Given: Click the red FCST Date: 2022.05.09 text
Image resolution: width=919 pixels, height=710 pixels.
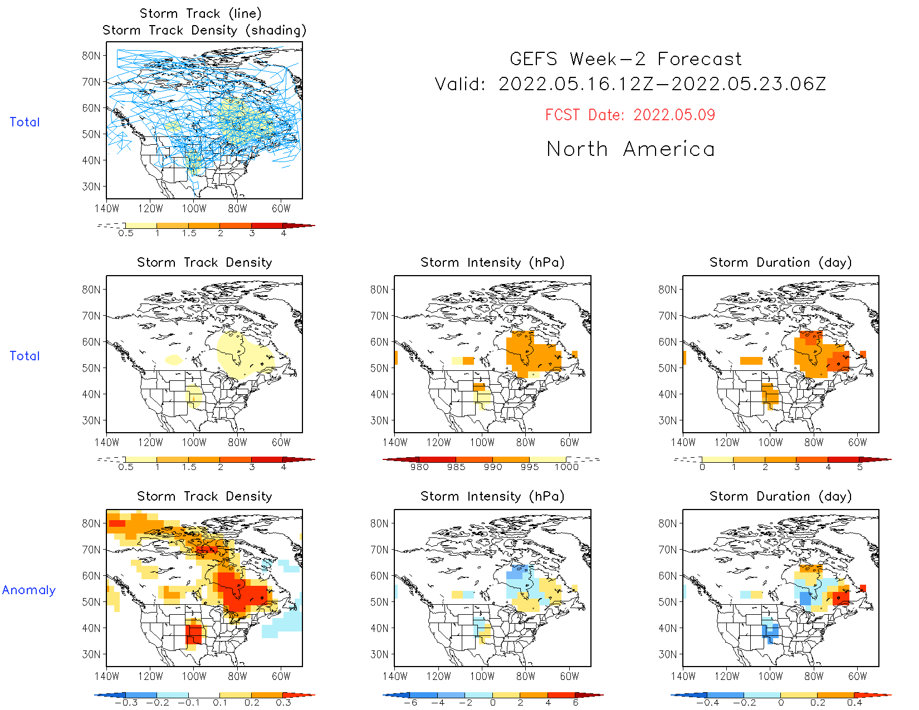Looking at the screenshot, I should click(x=630, y=115).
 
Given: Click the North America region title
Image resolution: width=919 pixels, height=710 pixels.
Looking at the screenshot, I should click(x=630, y=149).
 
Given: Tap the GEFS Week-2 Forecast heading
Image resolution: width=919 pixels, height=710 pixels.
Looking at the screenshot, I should click(x=625, y=59).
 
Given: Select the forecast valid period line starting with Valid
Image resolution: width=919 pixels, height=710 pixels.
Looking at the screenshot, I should click(x=630, y=84).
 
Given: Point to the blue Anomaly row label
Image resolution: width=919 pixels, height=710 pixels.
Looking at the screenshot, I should click(x=29, y=590).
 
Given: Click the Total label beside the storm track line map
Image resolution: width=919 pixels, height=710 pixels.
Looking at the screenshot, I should click(x=25, y=122).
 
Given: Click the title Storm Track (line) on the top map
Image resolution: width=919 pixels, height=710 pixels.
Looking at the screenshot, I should click(x=201, y=13).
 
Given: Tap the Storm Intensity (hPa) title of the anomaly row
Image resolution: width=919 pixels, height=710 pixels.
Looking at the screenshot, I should click(x=492, y=496).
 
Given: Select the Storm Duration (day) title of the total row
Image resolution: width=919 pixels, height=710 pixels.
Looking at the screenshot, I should click(x=781, y=262).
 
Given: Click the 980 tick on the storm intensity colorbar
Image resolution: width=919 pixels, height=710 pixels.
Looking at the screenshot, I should click(x=419, y=467).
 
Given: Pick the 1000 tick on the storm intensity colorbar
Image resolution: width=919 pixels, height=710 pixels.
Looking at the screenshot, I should click(x=566, y=467).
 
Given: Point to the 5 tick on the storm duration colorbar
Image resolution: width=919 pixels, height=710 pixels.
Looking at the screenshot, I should click(x=860, y=467).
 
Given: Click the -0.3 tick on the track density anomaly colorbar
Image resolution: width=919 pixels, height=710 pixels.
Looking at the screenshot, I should click(x=126, y=702).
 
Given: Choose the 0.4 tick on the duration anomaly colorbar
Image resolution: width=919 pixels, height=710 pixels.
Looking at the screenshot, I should click(x=854, y=702).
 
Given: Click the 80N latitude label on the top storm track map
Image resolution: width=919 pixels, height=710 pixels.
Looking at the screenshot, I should click(x=91, y=56).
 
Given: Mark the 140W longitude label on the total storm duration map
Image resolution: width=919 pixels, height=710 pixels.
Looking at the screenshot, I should click(x=683, y=443).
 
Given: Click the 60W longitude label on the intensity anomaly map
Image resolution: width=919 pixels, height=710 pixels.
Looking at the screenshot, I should click(x=569, y=677).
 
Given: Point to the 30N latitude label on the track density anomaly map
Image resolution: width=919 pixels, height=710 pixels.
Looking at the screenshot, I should click(x=91, y=654).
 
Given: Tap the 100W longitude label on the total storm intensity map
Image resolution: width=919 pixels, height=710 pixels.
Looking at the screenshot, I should click(x=482, y=443).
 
